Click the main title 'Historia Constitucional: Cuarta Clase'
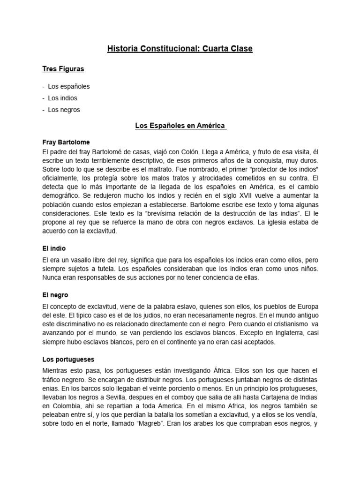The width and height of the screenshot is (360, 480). pos(180,48)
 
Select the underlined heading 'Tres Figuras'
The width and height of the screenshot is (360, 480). pos(63,69)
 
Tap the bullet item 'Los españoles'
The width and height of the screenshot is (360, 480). pos(68,87)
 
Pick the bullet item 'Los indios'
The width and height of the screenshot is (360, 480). pos(62,98)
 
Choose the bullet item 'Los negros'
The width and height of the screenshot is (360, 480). pos(64,110)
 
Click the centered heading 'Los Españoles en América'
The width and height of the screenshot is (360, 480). pos(180,126)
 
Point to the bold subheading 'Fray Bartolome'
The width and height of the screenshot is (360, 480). pos(66,142)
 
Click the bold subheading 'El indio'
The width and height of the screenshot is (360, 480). pos(54,248)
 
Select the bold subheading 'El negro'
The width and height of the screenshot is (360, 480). pos(55,295)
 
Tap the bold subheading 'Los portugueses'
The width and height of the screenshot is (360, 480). pos(68,360)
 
